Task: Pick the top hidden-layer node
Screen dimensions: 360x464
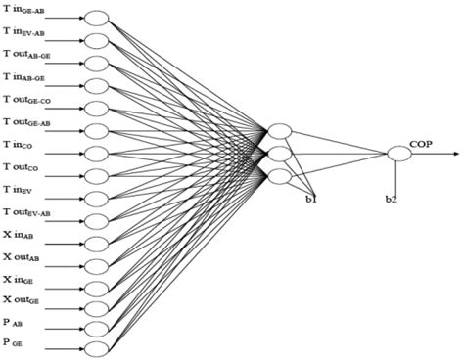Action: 280,131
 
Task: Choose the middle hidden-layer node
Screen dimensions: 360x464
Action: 280,154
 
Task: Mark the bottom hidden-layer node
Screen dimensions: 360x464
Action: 280,176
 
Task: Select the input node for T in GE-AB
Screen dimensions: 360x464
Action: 96,19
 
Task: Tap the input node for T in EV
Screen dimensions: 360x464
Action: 96,196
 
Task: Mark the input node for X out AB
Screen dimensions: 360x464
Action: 96,262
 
